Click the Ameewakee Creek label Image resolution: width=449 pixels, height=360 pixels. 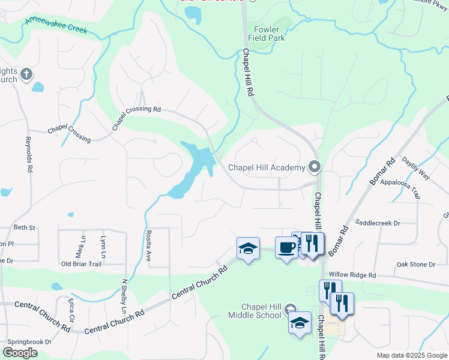click(56, 25)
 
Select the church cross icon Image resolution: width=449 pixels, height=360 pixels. click(26, 74)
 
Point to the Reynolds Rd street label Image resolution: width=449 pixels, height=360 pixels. click(28, 155)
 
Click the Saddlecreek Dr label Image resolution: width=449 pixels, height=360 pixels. click(378, 223)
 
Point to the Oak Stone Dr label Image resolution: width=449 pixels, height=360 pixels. click(415, 265)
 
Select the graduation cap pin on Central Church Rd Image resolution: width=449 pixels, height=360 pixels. click(247, 248)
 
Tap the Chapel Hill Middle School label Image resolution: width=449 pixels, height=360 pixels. click(255, 311)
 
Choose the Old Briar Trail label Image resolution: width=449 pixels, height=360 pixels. click(82, 264)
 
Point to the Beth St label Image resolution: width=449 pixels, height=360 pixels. click(25, 228)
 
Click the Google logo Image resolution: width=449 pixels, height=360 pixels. click(20, 353)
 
